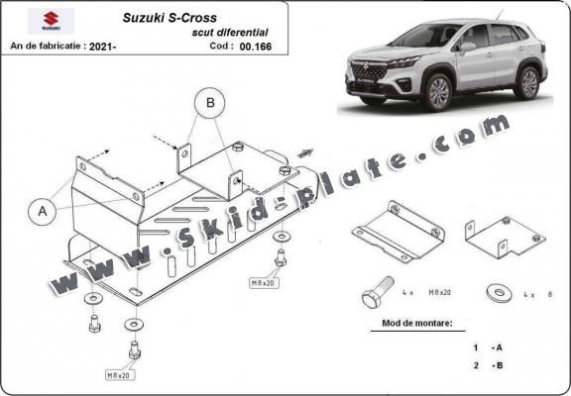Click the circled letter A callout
[42, 210]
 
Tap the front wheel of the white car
[437, 93]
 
